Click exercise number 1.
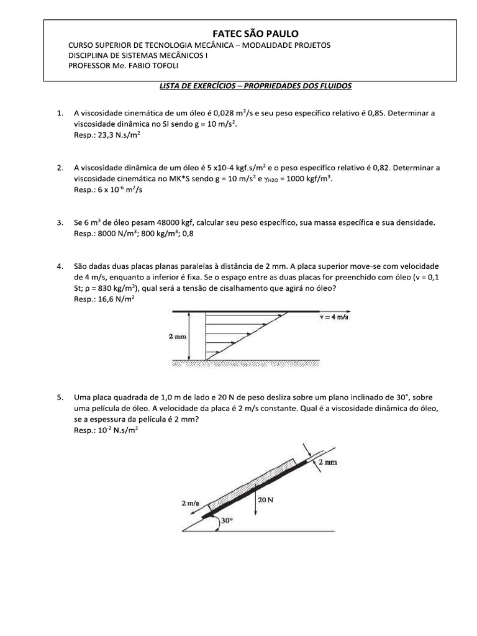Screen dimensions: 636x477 pyautogui.click(x=60, y=113)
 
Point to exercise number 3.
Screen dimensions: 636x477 pyautogui.click(x=60, y=222)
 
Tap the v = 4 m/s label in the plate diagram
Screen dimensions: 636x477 pyautogui.click(x=335, y=316)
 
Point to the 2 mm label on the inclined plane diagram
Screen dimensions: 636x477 pyautogui.click(x=327, y=463)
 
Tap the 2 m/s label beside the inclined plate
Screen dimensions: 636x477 pyautogui.click(x=191, y=504)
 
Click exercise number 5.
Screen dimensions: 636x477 pyautogui.click(x=60, y=397)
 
